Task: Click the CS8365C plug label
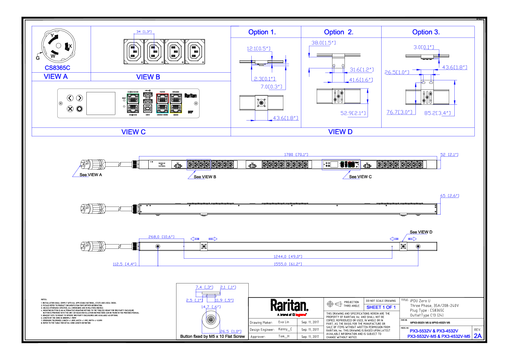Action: [x=57, y=68]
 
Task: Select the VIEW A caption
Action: [x=56, y=77]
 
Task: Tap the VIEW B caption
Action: [x=148, y=77]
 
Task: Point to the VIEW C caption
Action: [x=133, y=132]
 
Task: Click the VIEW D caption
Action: [x=340, y=132]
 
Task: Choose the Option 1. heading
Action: [x=262, y=32]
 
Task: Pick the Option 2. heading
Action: [x=338, y=32]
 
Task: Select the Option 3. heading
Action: [x=426, y=32]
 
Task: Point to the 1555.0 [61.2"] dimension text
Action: [x=288, y=264]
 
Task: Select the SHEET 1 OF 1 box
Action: [x=381, y=307]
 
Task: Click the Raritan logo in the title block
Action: [x=289, y=305]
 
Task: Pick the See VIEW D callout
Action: [x=421, y=232]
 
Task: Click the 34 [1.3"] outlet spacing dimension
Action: [x=144, y=32]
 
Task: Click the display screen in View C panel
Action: [x=101, y=103]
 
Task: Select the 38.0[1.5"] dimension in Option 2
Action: [x=323, y=43]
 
